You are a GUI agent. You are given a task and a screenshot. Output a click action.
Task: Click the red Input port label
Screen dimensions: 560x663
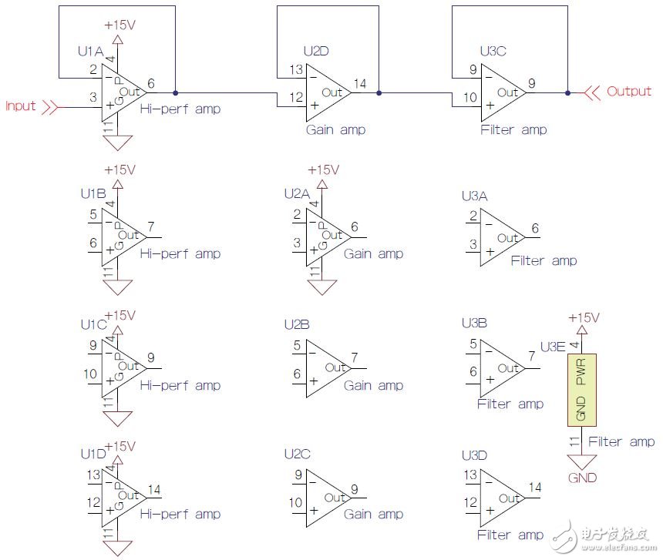tap(21, 106)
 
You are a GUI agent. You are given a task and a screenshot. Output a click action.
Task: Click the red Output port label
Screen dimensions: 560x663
tap(629, 91)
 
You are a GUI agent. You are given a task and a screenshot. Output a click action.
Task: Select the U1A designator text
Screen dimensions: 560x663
tap(91, 51)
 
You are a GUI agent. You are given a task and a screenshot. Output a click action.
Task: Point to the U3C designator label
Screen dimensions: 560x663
tap(493, 51)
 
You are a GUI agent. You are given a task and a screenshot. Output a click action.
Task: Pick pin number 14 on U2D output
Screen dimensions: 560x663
tap(359, 82)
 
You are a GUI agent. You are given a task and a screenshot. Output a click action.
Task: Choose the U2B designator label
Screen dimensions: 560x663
tap(297, 324)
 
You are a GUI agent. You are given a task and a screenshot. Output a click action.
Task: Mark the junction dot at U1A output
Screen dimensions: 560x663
tap(176, 92)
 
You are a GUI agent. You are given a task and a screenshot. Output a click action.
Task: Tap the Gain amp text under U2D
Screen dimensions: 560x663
tap(335, 129)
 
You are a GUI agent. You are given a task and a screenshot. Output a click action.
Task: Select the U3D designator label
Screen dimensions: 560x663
tap(474, 454)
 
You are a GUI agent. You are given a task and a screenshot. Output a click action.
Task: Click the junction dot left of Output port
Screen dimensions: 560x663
tap(567, 92)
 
